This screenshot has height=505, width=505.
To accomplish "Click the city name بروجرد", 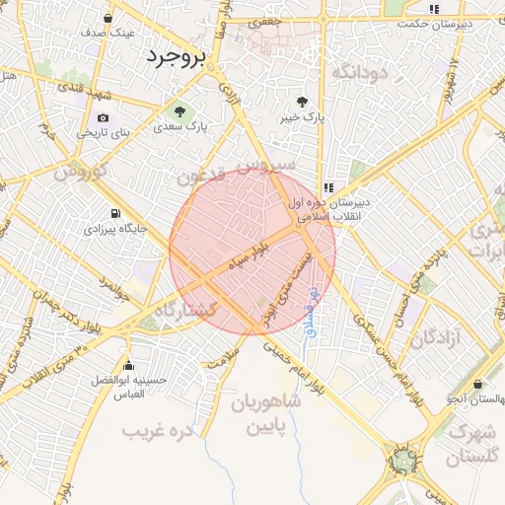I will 176,57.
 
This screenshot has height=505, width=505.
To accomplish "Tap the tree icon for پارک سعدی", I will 180,110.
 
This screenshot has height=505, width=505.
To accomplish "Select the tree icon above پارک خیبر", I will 302,101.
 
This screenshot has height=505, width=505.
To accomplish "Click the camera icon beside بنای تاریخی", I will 103,117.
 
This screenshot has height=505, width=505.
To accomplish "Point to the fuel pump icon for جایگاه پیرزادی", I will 116,213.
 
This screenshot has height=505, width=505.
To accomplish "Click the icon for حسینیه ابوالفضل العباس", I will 128,364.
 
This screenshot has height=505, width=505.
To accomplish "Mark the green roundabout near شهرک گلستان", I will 402,460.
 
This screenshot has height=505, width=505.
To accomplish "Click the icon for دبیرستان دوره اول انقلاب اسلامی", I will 327,186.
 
